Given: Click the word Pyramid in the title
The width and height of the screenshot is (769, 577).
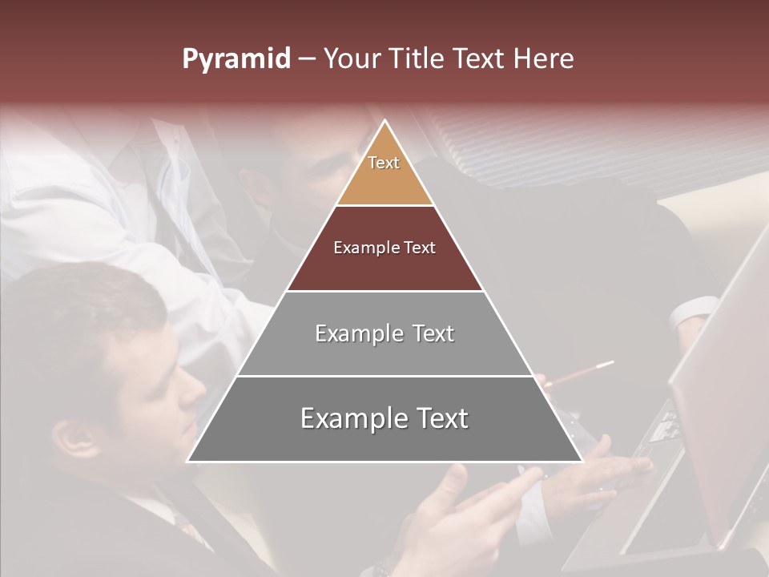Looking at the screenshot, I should click(x=236, y=59).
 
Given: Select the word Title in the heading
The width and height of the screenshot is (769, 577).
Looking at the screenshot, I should click(x=420, y=59).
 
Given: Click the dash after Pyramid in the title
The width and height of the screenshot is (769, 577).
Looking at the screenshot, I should click(x=307, y=60).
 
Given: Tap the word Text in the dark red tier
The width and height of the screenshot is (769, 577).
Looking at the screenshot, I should click(x=419, y=248).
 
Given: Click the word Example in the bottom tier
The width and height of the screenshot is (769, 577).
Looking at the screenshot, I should click(x=352, y=418).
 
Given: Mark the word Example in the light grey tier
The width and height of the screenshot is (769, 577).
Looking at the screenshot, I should click(x=357, y=333).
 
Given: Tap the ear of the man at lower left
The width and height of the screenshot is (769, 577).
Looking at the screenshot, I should click(x=76, y=437).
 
